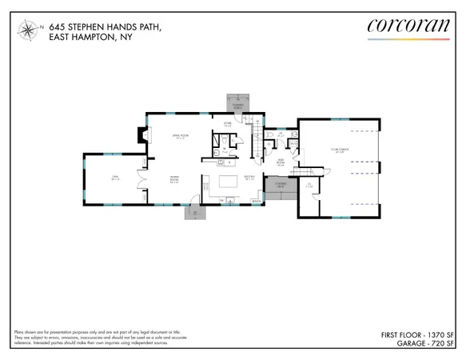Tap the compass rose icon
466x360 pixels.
(30, 31)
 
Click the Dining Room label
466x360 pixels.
(173, 182)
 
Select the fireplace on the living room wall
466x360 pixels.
(143, 135)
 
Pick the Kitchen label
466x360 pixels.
(249, 178)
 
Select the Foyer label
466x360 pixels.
(227, 124)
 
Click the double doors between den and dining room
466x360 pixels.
(141, 194)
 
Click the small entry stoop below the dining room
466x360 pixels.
(195, 212)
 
